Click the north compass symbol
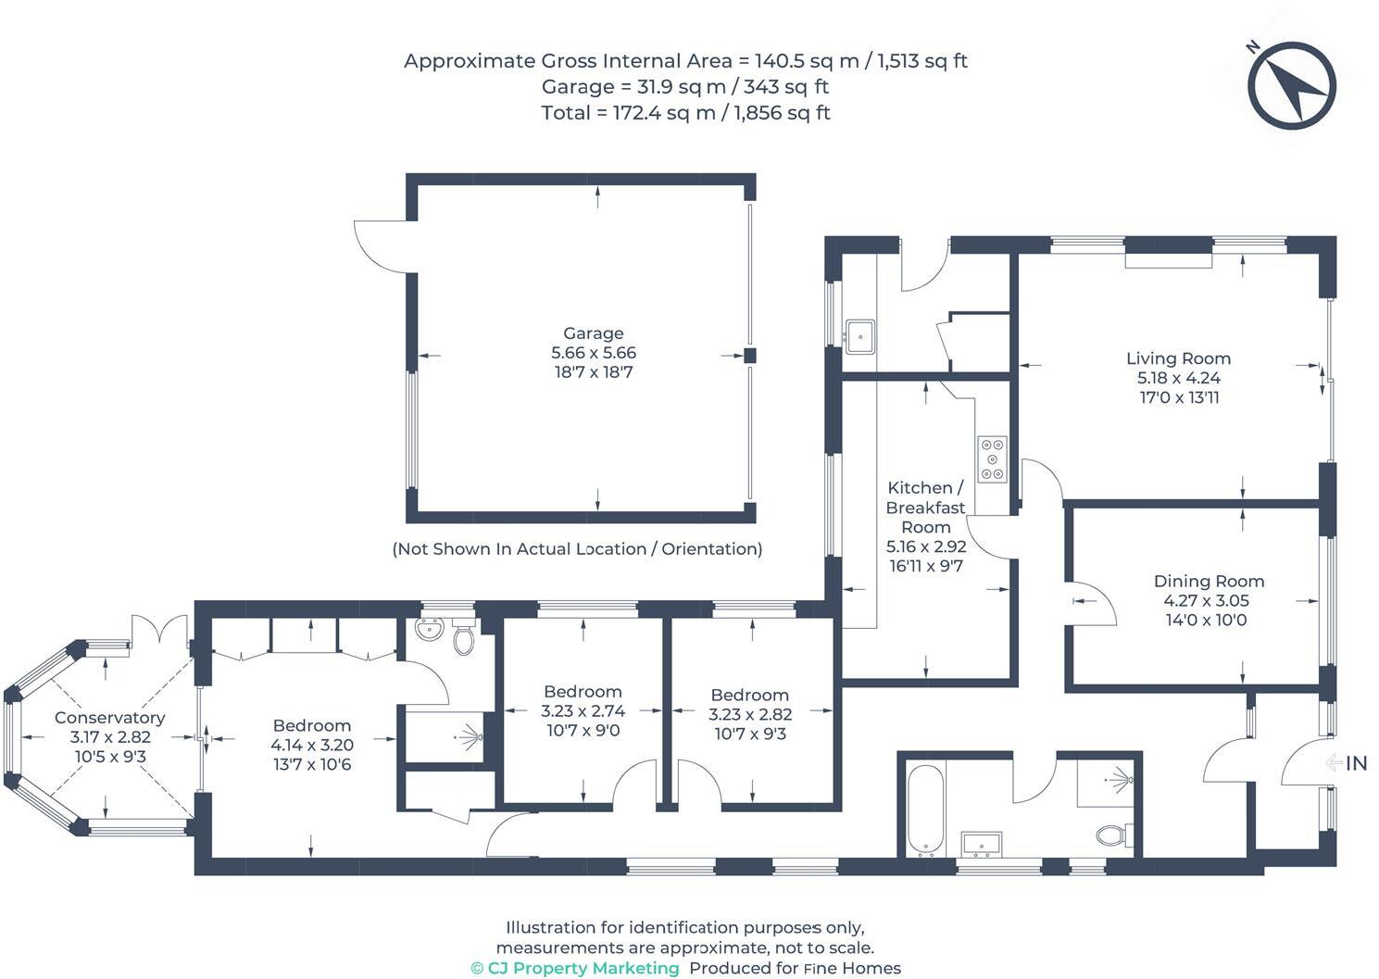coord(1292,85)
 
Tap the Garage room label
coord(594,333)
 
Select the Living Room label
coord(1178,358)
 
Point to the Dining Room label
coord(1209,581)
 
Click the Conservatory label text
coord(109,717)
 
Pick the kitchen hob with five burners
coord(993,459)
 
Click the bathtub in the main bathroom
coord(925,810)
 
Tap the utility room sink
coord(860,337)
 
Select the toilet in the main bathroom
coord(1114,835)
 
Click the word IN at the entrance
coord(1356,763)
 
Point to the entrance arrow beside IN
coord(1334,763)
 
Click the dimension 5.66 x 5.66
coord(594,353)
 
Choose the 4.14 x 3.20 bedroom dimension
coord(312,745)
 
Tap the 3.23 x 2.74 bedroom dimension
coord(583,711)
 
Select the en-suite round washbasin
coord(429,629)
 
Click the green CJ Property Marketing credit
coord(575,968)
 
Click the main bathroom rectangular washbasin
coord(982,844)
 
